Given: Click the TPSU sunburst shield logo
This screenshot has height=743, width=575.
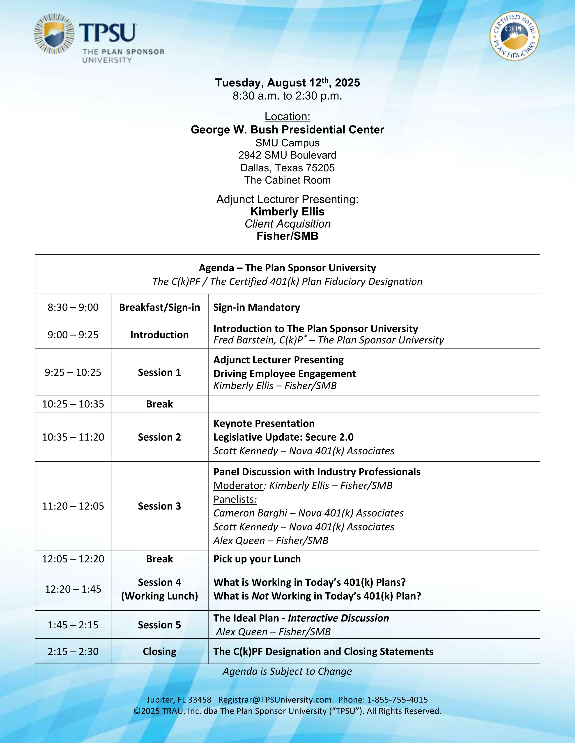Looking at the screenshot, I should [x=54, y=34].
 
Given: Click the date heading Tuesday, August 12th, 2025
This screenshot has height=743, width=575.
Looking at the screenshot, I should [x=287, y=83].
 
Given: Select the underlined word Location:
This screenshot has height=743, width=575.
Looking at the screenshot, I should [x=287, y=117].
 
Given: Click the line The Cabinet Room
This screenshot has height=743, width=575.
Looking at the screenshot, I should [x=287, y=180].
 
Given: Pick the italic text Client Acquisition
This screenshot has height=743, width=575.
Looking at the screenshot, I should [x=287, y=224].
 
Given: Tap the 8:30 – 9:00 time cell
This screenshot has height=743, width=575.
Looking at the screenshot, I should [x=73, y=307].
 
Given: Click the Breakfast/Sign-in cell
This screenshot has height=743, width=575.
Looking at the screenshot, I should [x=159, y=307].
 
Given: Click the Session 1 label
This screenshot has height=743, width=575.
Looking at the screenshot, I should [x=159, y=373].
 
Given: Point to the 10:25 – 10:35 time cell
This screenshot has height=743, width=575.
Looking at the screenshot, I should [x=73, y=404].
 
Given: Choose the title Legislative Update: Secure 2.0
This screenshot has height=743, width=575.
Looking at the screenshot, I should [x=283, y=437].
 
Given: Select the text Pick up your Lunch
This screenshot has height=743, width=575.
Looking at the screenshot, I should [x=257, y=559].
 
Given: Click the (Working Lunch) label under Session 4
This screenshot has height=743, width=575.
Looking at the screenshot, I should [x=159, y=596].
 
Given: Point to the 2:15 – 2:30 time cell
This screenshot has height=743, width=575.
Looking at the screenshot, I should [x=73, y=652].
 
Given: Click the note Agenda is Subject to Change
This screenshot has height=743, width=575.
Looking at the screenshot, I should [x=287, y=671].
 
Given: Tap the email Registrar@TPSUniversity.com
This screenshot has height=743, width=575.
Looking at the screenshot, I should [x=275, y=700].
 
